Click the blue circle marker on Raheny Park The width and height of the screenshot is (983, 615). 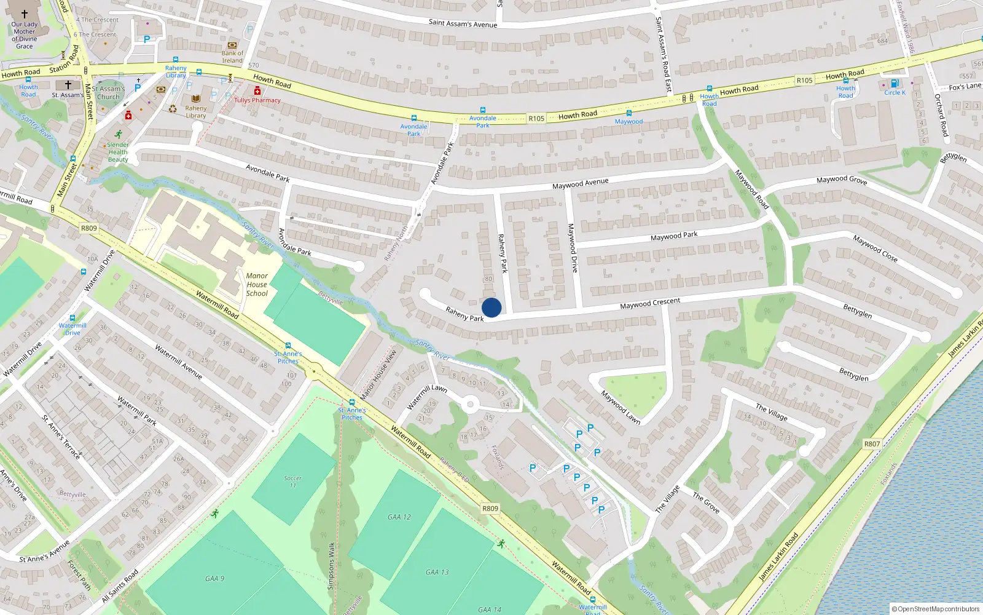point(491,307)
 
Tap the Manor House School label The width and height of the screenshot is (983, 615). point(257,285)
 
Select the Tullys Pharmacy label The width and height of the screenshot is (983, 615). point(257,100)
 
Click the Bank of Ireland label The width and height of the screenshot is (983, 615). point(232,57)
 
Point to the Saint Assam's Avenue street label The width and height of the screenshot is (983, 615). point(463,23)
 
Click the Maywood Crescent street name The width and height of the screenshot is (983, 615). point(649,303)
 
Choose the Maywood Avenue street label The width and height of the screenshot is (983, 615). point(580,183)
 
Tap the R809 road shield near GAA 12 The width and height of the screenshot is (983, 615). point(490,509)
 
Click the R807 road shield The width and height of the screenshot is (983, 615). point(872,443)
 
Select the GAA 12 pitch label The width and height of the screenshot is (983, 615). point(399,517)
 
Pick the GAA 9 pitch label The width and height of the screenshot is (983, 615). point(214,579)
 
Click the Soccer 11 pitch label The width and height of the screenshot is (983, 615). point(292,482)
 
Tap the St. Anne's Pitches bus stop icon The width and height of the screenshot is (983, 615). point(352,402)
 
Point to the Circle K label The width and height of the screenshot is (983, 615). point(895,93)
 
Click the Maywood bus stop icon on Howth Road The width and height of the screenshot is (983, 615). point(629,113)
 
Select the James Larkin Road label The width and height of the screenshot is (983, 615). point(778,557)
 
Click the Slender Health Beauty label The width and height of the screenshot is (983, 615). point(118,153)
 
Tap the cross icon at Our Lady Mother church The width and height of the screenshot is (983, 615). point(25,14)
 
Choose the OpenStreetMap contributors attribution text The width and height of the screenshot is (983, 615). point(935,609)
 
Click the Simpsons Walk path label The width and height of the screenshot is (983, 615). point(331,566)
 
